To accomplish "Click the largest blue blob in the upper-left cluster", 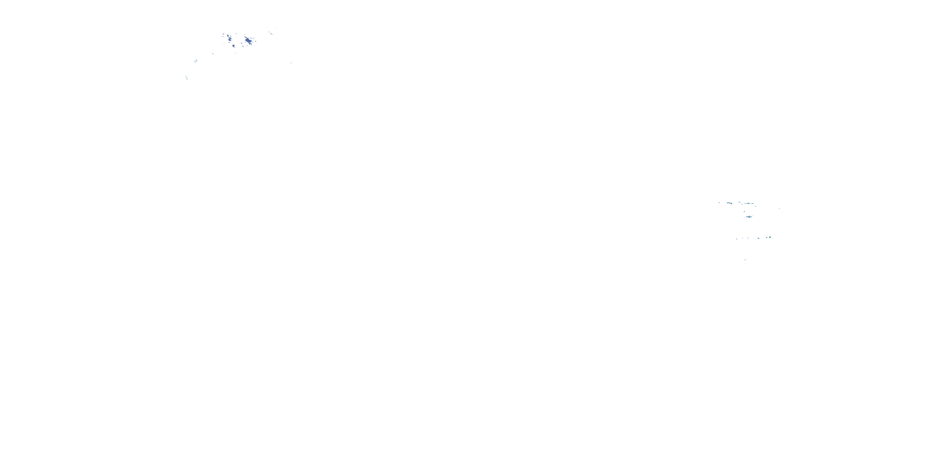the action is coord(248,40).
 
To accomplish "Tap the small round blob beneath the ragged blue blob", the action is coord(234,46).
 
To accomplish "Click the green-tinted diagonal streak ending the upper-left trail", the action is coord(186,77).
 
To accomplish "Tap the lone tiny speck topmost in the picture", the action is coord(277,28).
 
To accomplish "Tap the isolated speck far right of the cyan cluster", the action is coord(779,208).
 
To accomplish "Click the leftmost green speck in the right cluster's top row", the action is coord(719,203).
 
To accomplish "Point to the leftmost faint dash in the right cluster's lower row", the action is coord(737,239).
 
